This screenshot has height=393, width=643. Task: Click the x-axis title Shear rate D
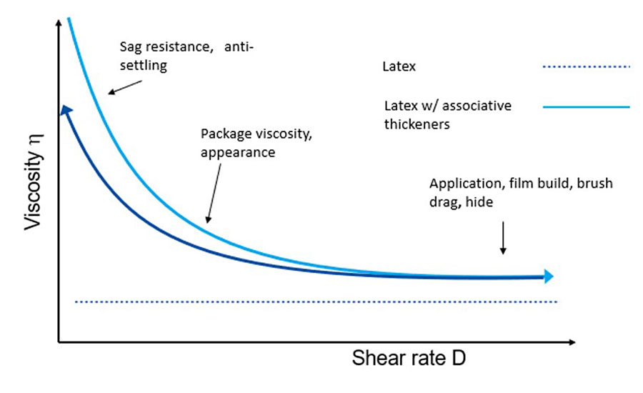pos(409,358)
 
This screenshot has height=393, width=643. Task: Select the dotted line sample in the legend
pos(586,67)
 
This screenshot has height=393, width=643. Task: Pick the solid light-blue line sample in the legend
pos(586,107)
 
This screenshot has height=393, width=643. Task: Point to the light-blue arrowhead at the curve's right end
pos(547,276)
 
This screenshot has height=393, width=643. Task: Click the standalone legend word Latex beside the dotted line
pos(399,67)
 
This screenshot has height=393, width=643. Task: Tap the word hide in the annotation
pos(479,203)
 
